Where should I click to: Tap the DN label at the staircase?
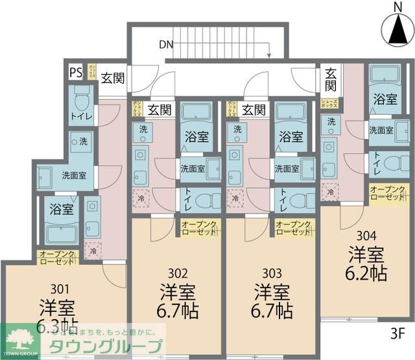click(166, 45)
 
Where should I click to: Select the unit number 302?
click(178, 273)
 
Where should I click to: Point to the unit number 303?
click(272, 273)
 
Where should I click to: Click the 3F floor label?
click(397, 335)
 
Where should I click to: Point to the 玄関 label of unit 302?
click(160, 109)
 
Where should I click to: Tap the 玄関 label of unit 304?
click(331, 79)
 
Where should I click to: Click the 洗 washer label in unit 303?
click(237, 130)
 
